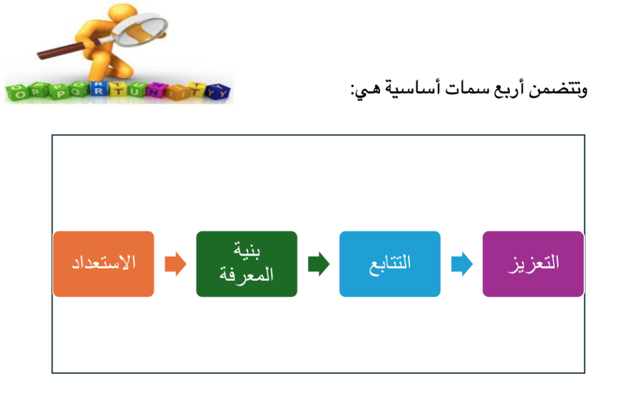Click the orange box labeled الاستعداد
click(x=103, y=264)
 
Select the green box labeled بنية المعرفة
click(x=246, y=264)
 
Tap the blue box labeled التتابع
click(x=390, y=264)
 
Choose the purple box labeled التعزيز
click(x=533, y=264)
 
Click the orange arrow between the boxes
click(x=176, y=264)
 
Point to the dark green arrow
click(x=318, y=264)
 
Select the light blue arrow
click(x=462, y=264)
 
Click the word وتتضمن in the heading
click(x=558, y=89)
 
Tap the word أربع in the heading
click(x=508, y=89)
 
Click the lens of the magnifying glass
click(x=141, y=30)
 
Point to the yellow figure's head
click(x=123, y=14)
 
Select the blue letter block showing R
click(x=98, y=89)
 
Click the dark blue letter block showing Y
click(x=218, y=91)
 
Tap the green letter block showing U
click(x=135, y=90)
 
